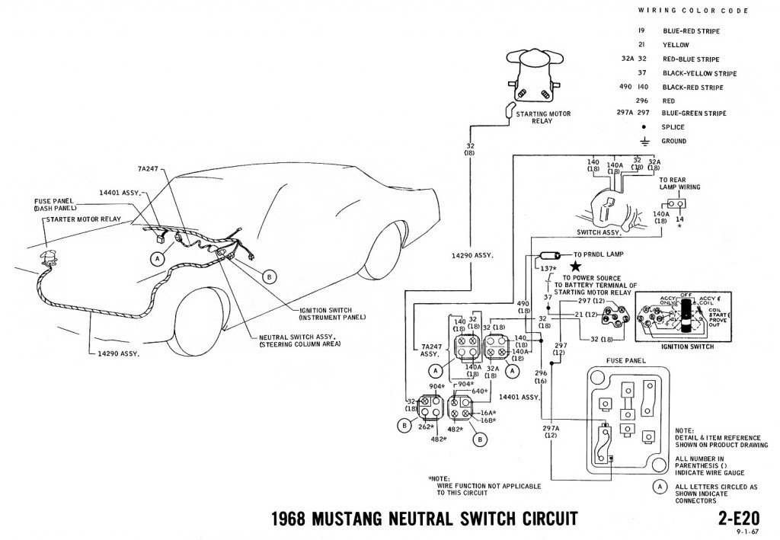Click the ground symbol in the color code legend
pyautogui.click(x=644, y=141)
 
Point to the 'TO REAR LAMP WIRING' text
pyautogui.click(x=679, y=183)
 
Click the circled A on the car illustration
pyautogui.click(x=158, y=259)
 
